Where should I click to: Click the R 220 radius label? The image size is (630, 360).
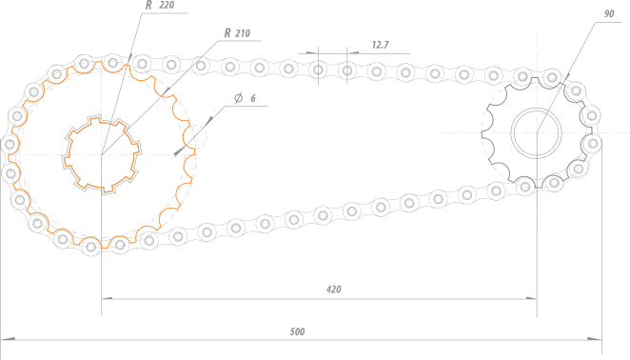click(x=160, y=5)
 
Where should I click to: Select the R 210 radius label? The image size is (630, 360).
click(x=237, y=33)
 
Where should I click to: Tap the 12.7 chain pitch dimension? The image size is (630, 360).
click(x=380, y=45)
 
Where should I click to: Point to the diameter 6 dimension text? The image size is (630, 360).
click(x=245, y=98)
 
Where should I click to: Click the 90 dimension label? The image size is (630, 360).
click(x=609, y=14)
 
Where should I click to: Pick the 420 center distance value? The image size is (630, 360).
click(x=333, y=290)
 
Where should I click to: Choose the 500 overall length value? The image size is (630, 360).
click(x=297, y=331)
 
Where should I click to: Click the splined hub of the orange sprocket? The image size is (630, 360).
click(x=101, y=154)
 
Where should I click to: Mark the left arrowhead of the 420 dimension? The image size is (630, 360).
click(x=107, y=298)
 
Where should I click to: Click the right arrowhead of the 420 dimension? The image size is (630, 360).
click(x=532, y=298)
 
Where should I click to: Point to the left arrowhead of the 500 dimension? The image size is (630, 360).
click(x=8, y=339)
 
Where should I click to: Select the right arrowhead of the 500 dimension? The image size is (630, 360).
click(x=595, y=339)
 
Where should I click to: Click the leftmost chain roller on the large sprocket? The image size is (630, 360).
click(x=10, y=144)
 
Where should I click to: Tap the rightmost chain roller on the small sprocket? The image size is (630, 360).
click(x=592, y=143)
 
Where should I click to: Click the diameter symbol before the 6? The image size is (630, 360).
click(x=238, y=98)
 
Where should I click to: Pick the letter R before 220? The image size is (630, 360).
click(x=148, y=5)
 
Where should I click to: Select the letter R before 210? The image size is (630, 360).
click(x=227, y=33)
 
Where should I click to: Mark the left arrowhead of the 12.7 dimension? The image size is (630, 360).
click(x=312, y=52)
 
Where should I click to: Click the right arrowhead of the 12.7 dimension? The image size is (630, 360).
click(x=353, y=52)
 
